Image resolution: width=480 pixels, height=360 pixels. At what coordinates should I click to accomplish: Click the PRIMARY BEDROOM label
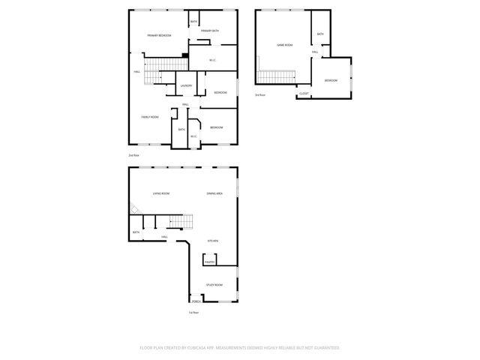click(x=159, y=36)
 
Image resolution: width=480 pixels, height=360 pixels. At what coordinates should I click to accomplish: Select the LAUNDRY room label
click(x=186, y=85)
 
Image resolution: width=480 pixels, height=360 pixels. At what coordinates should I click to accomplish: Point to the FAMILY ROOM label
click(x=150, y=117)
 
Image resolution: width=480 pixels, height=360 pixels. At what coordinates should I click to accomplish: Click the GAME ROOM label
click(x=284, y=45)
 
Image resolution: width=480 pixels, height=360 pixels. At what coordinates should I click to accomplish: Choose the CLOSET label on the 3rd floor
click(x=304, y=94)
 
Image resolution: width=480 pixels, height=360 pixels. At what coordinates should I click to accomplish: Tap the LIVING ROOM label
click(x=161, y=193)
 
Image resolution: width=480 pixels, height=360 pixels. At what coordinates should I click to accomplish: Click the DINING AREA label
click(x=214, y=193)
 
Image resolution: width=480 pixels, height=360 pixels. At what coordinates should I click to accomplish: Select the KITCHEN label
click(x=213, y=241)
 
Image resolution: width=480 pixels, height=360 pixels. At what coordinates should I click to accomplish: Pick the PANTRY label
click(x=209, y=262)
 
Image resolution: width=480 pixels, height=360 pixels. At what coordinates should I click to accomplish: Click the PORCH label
click(x=196, y=301)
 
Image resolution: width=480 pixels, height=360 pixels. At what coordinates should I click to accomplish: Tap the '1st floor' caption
click(x=193, y=312)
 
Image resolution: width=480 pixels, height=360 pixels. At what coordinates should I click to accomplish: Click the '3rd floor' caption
click(x=259, y=95)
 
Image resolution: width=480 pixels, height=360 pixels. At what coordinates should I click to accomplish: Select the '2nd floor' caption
click(x=133, y=154)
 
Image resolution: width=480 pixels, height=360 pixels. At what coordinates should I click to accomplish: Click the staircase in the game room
click(x=277, y=76)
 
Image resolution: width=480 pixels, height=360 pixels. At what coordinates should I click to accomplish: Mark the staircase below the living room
click(x=175, y=222)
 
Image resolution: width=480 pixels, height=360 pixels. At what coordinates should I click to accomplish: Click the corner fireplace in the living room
click(x=132, y=210)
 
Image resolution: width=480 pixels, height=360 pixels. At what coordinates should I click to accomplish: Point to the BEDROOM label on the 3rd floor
click(x=331, y=80)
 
